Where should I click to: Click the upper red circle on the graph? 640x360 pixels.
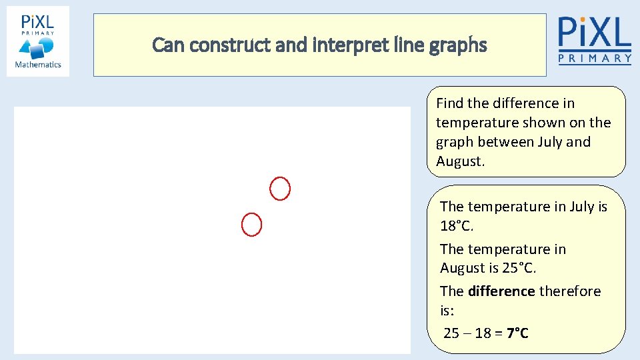pos(280,189)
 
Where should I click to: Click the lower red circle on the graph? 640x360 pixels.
pos(251,225)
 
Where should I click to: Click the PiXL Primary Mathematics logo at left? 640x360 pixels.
pos(38,41)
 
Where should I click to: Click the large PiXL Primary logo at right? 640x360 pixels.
pos(594,40)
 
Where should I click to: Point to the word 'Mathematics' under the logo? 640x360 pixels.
pos(38,65)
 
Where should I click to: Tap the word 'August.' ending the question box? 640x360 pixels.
pos(459,161)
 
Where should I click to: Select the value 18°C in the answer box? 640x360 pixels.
pos(456,226)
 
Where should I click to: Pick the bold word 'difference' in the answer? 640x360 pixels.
pos(501,291)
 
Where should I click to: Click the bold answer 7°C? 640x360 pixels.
pos(517,333)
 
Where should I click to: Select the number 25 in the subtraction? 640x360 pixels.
pos(451,333)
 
